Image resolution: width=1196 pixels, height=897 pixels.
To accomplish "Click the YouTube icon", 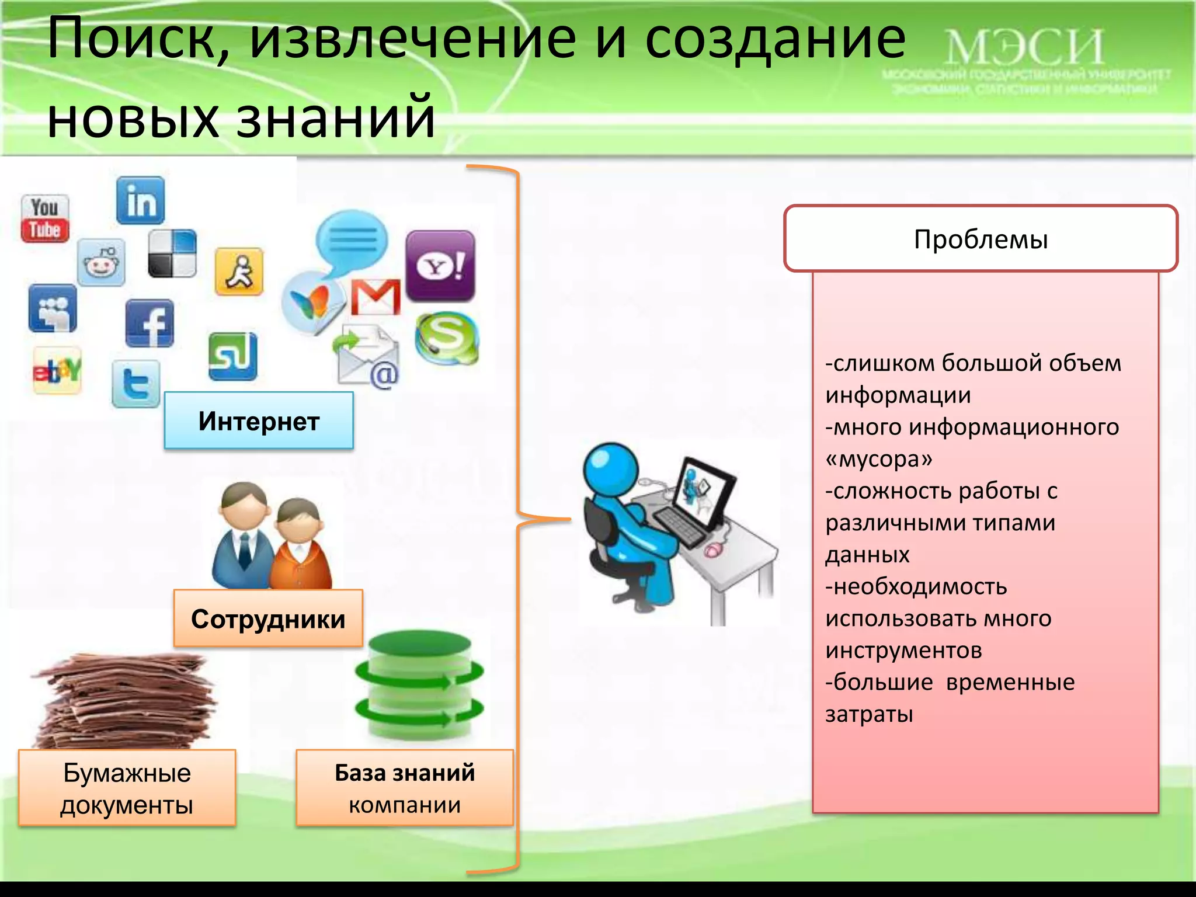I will coord(45,218).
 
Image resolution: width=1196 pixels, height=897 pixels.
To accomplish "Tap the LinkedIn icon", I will coord(140,201).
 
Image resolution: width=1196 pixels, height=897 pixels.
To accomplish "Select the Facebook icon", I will coord(149,324).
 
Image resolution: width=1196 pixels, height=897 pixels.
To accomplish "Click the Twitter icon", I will coord(135,384).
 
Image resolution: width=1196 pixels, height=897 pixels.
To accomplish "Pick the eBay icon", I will coord(57,370).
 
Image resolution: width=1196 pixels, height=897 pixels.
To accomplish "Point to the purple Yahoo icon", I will coord(440,266).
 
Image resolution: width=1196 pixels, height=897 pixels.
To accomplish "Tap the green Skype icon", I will coord(447,338).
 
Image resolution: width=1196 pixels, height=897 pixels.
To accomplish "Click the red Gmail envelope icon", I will coord(376,297).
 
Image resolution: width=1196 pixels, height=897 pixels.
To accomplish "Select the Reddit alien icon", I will coord(101,262).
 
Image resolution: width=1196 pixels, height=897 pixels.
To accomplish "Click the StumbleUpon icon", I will coord(232,356).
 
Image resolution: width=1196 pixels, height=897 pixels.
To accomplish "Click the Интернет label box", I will coord(259,421).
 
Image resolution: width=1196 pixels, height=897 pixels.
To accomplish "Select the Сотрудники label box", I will coord(268,618).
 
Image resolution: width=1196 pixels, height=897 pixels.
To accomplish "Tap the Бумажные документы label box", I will coord(127,788).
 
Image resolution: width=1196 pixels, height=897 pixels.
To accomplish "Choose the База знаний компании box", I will coord(405,788).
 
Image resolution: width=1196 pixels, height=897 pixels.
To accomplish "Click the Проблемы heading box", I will coord(981,239).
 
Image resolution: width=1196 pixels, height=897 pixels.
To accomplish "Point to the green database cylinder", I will coord(419,686).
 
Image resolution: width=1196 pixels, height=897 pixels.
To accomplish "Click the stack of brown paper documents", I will coord(126,701).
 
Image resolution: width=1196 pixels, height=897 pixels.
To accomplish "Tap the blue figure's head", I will coord(611,469).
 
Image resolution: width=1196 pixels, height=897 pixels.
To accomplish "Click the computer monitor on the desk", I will coord(703,491).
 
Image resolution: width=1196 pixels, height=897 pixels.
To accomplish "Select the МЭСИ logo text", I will coord(1024,48).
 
